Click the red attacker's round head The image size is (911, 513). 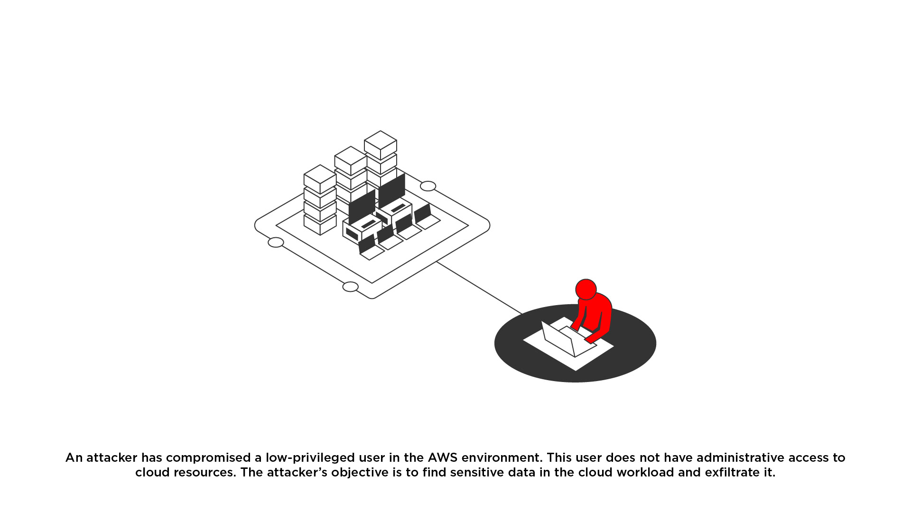586,289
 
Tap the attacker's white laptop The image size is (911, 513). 567,338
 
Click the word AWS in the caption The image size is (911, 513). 443,458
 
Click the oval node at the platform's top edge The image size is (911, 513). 428,186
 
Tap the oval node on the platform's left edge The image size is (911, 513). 276,243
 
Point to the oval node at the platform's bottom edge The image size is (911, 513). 350,287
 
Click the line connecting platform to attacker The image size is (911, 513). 479,288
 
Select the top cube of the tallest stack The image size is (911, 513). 381,145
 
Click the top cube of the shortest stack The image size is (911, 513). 320,179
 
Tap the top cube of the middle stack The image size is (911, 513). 351,161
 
